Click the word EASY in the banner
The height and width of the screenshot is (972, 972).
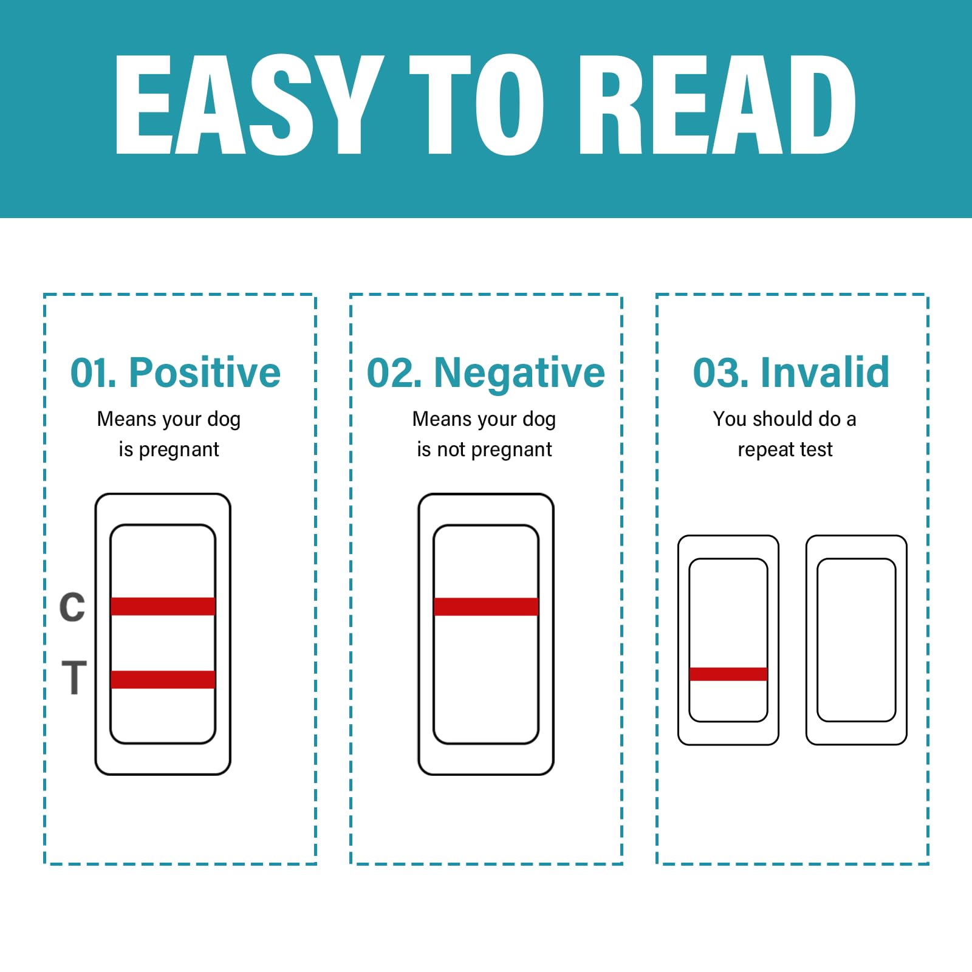(249, 104)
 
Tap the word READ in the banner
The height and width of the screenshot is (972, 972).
(717, 104)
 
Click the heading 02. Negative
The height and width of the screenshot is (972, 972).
(486, 373)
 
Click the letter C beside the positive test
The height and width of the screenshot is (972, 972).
(72, 606)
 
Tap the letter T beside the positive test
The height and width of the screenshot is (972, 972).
(74, 677)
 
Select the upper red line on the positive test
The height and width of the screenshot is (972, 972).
(163, 606)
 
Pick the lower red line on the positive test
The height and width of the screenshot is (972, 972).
(163, 679)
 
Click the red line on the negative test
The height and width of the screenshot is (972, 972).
(486, 606)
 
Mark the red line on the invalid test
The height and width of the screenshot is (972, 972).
(728, 674)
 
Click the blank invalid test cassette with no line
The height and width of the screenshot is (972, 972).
(857, 640)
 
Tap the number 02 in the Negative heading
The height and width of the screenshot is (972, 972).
(389, 372)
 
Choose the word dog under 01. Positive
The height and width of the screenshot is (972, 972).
(224, 420)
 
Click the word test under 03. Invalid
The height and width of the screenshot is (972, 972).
(816, 450)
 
